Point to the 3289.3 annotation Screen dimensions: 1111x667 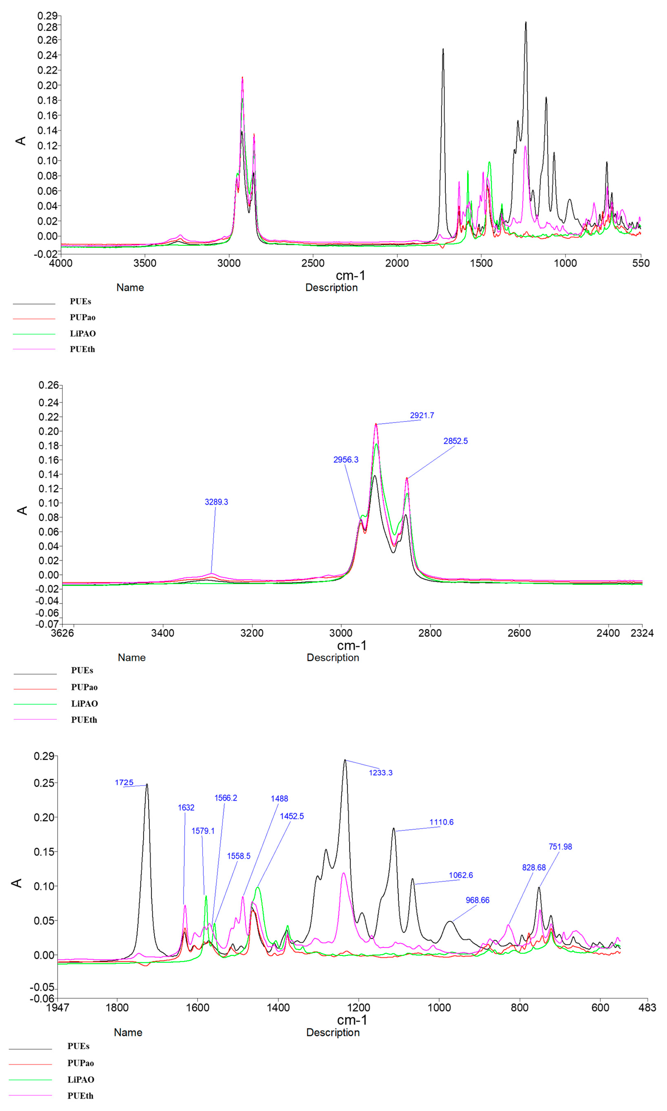pyautogui.click(x=216, y=502)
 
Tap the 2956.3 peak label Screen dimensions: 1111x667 pyautogui.click(x=346, y=460)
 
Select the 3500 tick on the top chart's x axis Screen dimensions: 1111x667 pyautogui.click(x=145, y=263)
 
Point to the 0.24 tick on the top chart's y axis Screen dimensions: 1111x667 pyautogui.click(x=47, y=55)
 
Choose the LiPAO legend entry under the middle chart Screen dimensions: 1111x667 pyautogui.click(x=84, y=703)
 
